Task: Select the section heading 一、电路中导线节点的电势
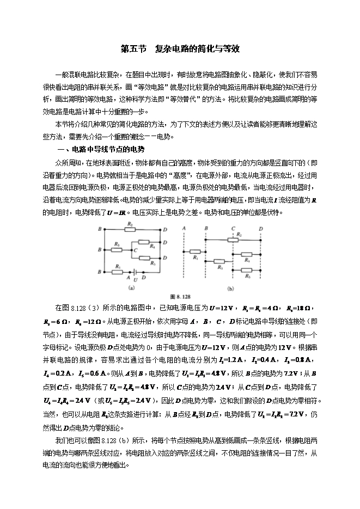point(101,149)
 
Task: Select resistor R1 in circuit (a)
point(117,271)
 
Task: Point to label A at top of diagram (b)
point(185,228)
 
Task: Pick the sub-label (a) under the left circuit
point(131,287)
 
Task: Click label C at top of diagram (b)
point(233,228)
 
